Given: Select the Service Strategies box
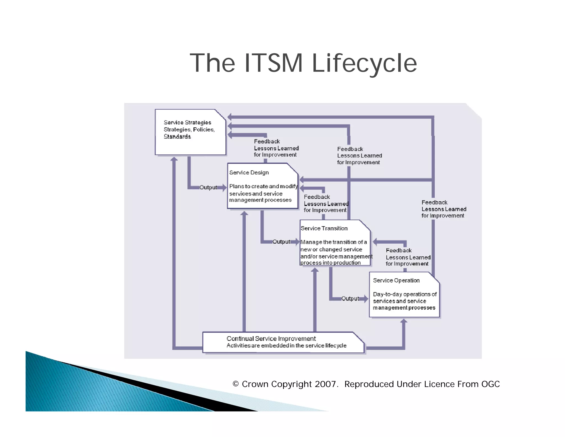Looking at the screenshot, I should [190, 132].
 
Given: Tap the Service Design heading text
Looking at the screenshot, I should [249, 173].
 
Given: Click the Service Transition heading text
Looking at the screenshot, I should [324, 228].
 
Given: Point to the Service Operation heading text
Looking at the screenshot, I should [396, 281].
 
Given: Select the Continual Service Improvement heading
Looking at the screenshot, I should [271, 339].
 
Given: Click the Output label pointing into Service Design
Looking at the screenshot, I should [208, 187].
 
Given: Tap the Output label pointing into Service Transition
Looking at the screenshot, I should [281, 242].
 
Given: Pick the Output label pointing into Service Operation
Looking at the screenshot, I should [350, 299].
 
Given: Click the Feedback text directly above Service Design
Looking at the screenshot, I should [267, 141].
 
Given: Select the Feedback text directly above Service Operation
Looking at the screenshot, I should [399, 251].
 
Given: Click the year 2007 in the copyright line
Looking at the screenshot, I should [325, 384].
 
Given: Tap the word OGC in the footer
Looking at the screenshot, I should [491, 384].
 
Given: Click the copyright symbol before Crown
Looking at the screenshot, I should [236, 384].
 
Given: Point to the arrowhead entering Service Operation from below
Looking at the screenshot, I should [404, 321].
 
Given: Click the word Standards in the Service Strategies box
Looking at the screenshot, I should [177, 137].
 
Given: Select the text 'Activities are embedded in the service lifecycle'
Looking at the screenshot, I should [286, 346].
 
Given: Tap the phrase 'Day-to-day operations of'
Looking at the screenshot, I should [405, 294].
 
